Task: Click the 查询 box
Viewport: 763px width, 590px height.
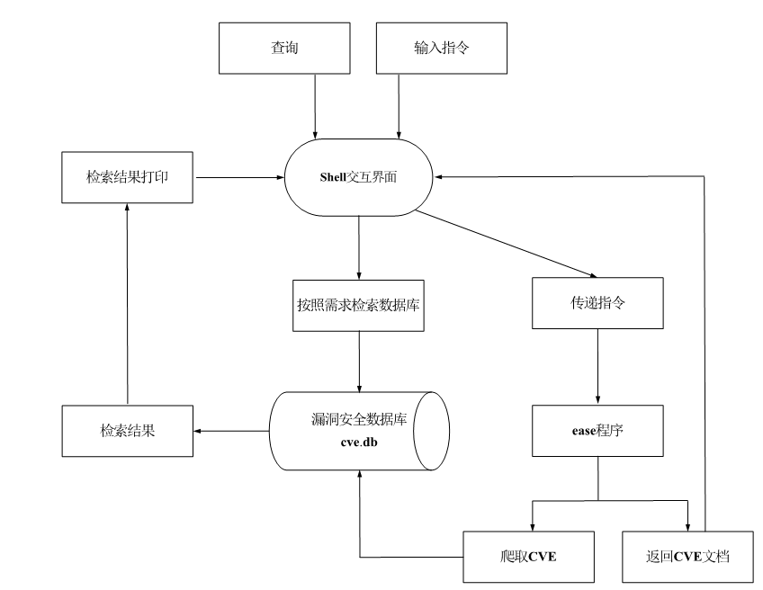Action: pos(283,48)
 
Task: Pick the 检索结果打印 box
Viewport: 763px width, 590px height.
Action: pos(127,177)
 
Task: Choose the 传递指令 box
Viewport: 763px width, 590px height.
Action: pos(598,303)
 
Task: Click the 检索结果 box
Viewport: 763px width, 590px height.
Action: pos(127,431)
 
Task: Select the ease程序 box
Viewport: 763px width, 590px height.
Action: pos(598,431)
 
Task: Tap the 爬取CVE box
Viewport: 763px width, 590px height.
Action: pos(531,556)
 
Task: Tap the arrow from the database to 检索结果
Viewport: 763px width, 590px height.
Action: pos(232,431)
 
